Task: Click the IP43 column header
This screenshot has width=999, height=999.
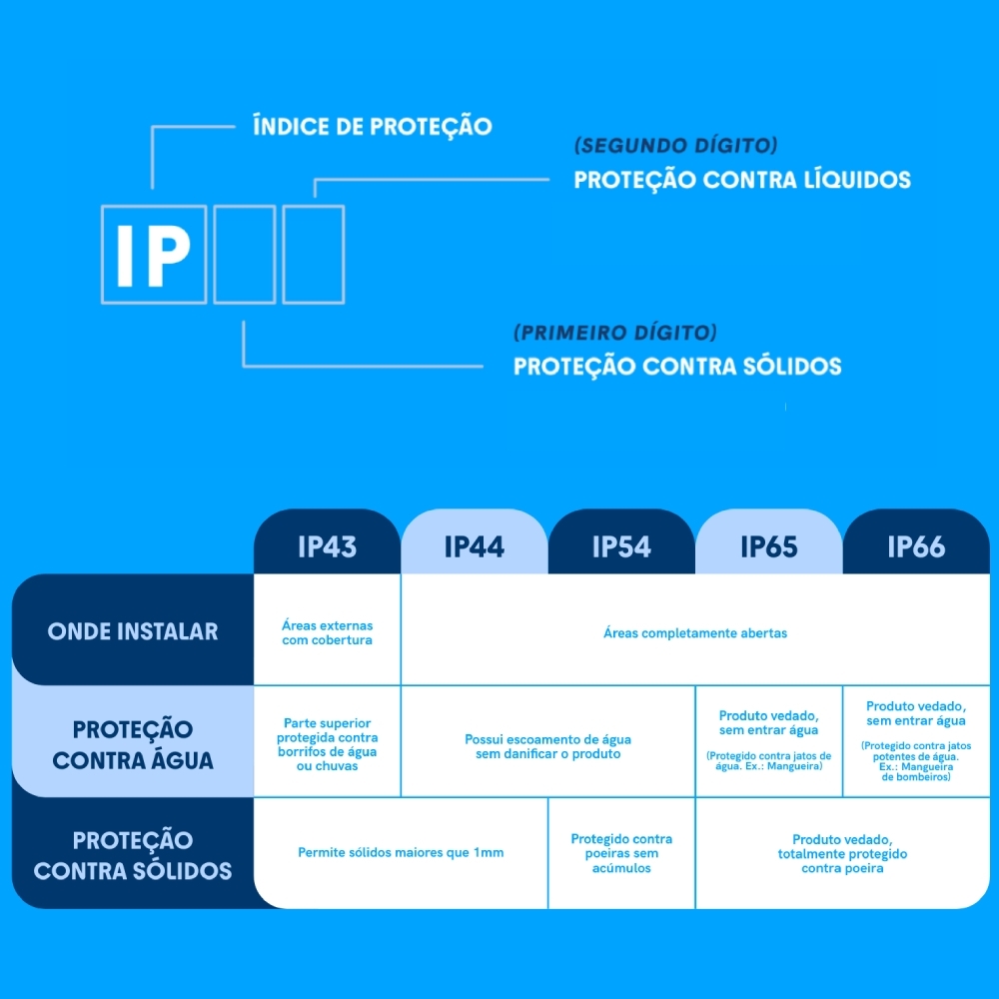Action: [327, 546]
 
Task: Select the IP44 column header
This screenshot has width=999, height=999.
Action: [475, 546]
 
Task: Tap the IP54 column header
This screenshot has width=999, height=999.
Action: [621, 546]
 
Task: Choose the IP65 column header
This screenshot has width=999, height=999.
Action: [769, 546]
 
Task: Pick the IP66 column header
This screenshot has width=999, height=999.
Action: [916, 546]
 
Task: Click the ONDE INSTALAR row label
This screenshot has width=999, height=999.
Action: [132, 631]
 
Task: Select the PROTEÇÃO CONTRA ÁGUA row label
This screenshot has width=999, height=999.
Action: [133, 744]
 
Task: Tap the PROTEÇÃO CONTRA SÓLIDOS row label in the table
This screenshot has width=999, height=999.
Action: [133, 855]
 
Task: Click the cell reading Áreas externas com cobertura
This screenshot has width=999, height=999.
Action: [327, 632]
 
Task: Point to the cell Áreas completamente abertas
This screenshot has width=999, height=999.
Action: [695, 632]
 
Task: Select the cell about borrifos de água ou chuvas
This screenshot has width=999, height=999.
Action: [327, 744]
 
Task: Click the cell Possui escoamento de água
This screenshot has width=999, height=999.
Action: [547, 746]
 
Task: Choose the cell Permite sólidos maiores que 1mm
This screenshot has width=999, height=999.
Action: [401, 853]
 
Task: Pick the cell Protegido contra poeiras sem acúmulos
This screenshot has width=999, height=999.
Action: [621, 853]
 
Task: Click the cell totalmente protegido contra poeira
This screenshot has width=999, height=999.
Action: [842, 854]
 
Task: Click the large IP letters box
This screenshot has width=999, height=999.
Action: [154, 255]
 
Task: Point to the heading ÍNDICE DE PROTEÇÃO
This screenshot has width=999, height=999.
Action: [373, 127]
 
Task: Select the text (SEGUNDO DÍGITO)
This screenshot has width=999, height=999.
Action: [675, 146]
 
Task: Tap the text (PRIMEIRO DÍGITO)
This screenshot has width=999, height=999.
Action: [614, 333]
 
